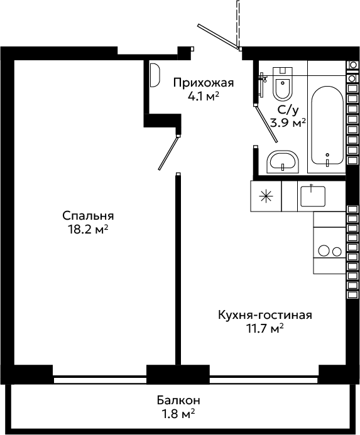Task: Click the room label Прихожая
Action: point(204,83)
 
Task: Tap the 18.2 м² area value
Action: point(88,230)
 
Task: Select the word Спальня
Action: point(88,215)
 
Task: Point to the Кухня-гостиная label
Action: point(265,315)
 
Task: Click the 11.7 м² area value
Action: point(265,328)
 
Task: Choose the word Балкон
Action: point(178,400)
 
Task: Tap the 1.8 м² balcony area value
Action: point(178,414)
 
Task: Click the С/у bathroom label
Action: point(288,110)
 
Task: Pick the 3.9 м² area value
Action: point(288,123)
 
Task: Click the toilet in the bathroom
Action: point(283,83)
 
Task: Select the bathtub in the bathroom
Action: point(327,125)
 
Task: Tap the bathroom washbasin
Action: point(283,162)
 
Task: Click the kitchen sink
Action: point(313,196)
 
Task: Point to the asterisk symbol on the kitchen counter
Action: point(266,196)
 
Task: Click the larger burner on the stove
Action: point(324,250)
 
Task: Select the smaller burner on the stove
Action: point(337,252)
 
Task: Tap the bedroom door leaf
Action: point(168,153)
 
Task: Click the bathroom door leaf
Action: point(266,124)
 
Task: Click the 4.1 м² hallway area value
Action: point(204,96)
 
